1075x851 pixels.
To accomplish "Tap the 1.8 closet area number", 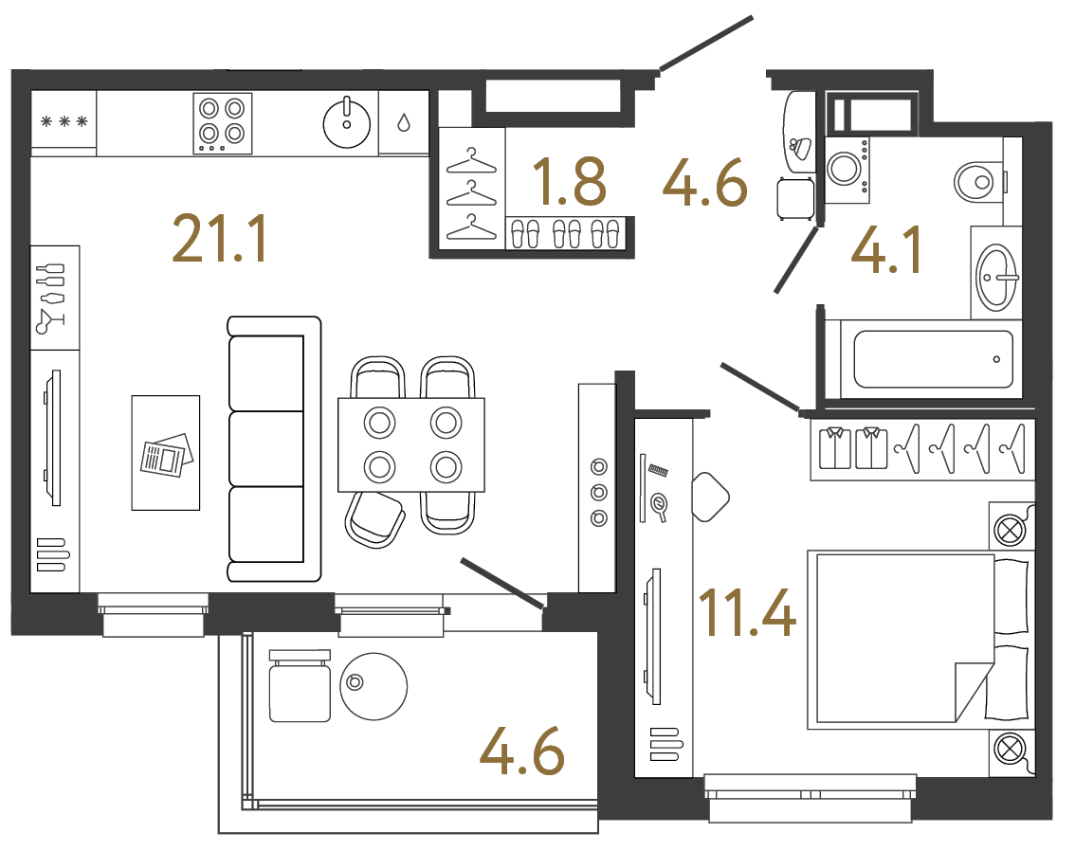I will tap(569, 182).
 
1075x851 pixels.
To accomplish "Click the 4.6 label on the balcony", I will tap(522, 754).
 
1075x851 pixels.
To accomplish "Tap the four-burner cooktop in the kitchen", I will tap(223, 122).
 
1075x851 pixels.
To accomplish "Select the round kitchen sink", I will tap(348, 122).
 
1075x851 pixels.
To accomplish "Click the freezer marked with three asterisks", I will tap(64, 121).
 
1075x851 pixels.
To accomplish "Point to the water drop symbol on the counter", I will tap(404, 121).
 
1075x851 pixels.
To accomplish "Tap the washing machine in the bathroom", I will tap(846, 169).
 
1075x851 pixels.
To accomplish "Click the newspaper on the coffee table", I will tap(166, 455).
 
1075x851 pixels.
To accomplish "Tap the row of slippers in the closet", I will tap(565, 232).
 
